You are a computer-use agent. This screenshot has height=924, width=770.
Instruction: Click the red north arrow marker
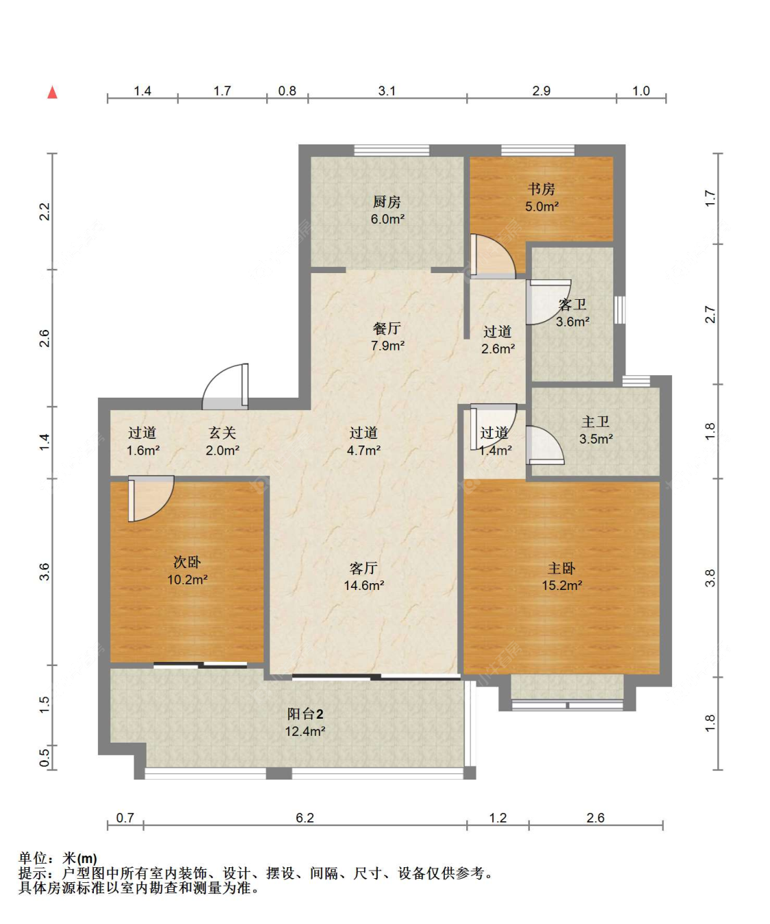pos(53,92)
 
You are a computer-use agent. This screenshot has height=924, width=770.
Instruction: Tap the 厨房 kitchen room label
pos(387,202)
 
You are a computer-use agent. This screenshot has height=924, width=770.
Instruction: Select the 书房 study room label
pos(541,189)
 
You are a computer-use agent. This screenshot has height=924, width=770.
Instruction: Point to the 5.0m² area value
pos(541,206)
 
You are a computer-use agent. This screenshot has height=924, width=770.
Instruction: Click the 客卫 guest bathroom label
pos(572,305)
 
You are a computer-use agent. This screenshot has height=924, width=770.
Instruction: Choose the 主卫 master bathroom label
pos(595,422)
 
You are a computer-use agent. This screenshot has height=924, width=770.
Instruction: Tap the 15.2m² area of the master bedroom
pos(561,585)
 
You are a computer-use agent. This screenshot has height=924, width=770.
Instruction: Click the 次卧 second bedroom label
pos(187,562)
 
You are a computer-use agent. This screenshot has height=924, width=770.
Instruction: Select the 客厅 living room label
pos(363,568)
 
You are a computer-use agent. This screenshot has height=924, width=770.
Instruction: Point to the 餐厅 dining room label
pos(387,328)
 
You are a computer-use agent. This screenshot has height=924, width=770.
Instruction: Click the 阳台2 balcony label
pos(305,713)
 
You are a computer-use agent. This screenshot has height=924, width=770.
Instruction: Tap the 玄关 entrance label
pos(222,433)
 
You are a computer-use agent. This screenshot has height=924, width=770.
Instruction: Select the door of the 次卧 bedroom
pos(151,498)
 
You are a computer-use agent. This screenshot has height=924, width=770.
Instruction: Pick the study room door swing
pos(493,256)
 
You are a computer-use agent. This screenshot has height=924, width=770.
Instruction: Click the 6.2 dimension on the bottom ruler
pos(305,818)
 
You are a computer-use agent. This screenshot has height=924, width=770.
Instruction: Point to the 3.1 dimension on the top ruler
pos(387,91)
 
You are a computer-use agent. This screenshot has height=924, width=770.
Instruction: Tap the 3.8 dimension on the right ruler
pos(710,578)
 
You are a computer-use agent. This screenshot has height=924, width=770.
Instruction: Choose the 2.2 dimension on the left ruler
pos(44,211)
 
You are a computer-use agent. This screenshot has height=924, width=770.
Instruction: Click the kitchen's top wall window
pos(392,150)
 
